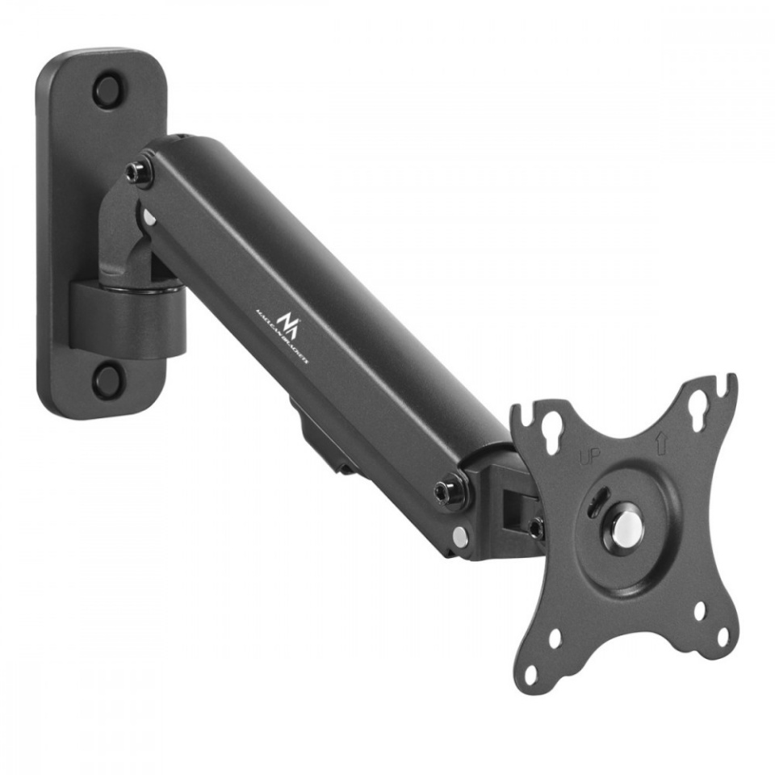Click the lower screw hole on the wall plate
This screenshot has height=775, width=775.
[107, 379]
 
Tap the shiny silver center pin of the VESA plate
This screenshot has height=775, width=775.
[626, 526]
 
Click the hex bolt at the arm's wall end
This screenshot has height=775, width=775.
[140, 173]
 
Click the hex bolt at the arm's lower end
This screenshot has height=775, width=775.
[446, 492]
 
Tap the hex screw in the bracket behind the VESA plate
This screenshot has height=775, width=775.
[534, 528]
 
